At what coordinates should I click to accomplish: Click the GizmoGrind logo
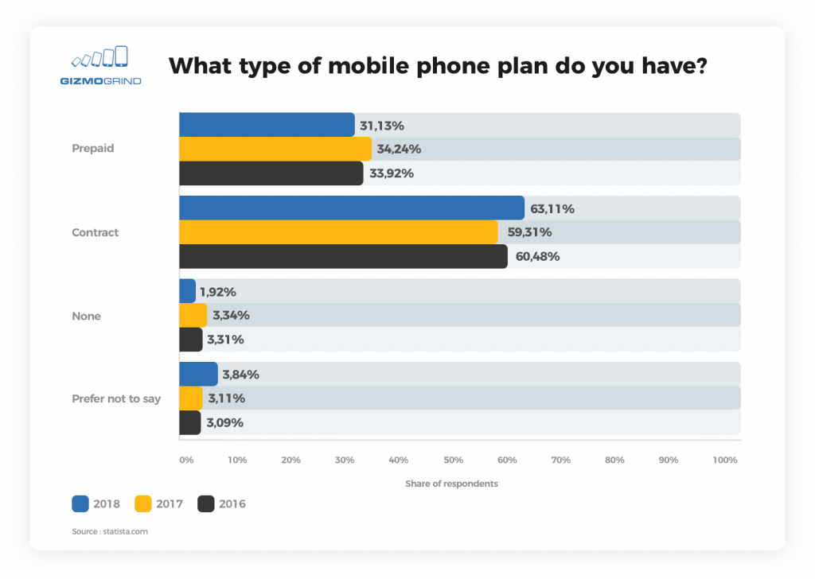click(x=99, y=65)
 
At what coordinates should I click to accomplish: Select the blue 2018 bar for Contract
click(x=351, y=208)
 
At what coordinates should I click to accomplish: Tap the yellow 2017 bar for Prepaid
click(x=275, y=149)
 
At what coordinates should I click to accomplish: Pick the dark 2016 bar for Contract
click(x=342, y=256)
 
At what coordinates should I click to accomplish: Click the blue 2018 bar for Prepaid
click(x=267, y=125)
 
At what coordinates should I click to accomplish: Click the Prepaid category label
click(x=93, y=148)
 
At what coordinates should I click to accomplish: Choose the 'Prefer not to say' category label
click(x=116, y=398)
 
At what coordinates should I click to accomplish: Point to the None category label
click(x=86, y=316)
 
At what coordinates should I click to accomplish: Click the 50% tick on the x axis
click(x=453, y=460)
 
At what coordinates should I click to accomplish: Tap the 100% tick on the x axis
click(x=725, y=460)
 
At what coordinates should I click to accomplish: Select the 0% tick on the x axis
click(x=186, y=460)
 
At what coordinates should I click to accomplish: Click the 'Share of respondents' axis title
click(x=451, y=484)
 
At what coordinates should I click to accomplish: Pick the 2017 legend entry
click(x=158, y=503)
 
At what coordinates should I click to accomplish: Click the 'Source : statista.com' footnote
click(x=110, y=531)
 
